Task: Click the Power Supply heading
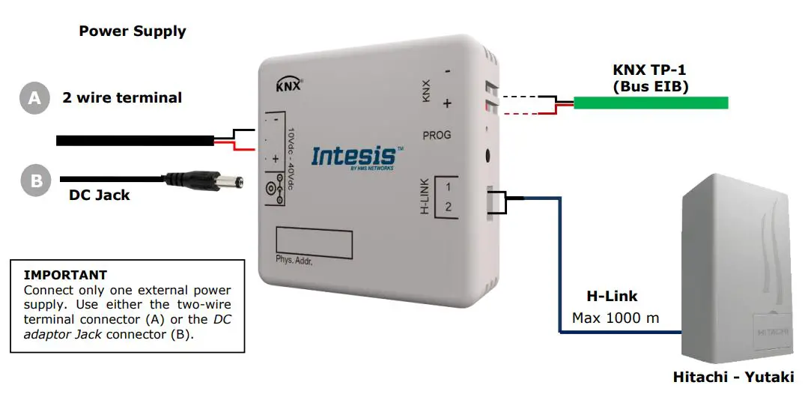(x=133, y=31)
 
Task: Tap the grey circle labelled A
(x=34, y=98)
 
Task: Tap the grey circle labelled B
(x=34, y=181)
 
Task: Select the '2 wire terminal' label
(x=122, y=97)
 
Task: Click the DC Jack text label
(x=100, y=195)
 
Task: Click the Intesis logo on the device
(x=353, y=157)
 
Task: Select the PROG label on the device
(x=437, y=136)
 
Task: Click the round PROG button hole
(x=488, y=157)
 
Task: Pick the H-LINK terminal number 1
(x=448, y=187)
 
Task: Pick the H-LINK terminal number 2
(x=448, y=207)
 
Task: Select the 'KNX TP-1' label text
(x=649, y=70)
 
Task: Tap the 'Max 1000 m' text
(x=616, y=318)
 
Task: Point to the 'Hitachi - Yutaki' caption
(x=733, y=377)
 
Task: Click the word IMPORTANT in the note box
(x=65, y=275)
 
